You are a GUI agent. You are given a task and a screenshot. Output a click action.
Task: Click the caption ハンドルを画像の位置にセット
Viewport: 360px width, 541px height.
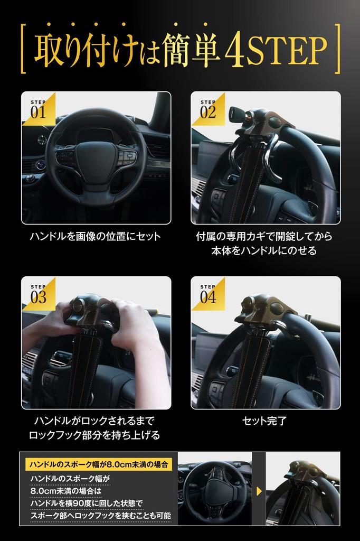pos(96,236)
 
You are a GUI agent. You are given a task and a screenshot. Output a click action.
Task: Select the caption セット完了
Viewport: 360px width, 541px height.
pos(264,421)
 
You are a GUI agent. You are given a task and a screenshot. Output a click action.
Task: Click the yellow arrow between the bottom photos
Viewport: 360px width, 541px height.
pos(259,491)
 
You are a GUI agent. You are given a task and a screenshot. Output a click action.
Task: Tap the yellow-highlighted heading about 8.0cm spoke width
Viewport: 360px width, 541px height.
pos(99,465)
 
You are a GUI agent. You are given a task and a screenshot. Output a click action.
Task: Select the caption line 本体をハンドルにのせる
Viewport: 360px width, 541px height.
pos(265,251)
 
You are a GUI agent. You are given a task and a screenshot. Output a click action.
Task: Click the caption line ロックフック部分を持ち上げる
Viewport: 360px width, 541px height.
pos(95,436)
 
